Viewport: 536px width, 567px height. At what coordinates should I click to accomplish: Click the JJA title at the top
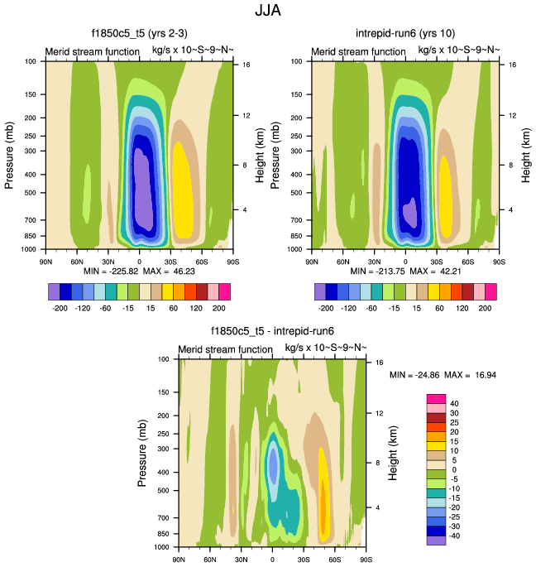(x=267, y=12)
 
